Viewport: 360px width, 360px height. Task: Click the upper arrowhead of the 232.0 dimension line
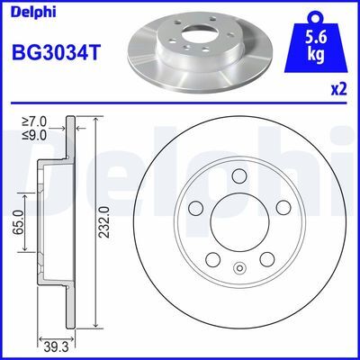[94, 117]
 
